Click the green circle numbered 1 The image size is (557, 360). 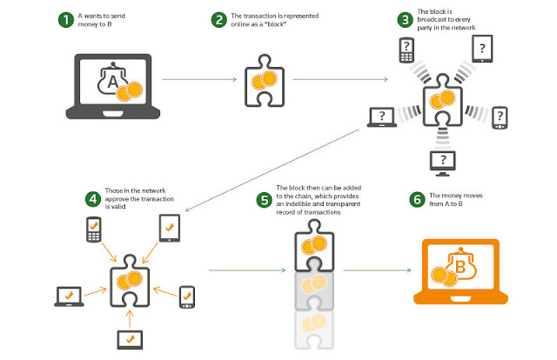point(66,20)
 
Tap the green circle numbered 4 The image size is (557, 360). point(93,199)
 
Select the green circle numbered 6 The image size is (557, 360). point(418,199)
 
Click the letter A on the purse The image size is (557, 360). point(112,82)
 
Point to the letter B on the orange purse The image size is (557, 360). point(460,266)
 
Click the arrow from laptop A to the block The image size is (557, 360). point(199,79)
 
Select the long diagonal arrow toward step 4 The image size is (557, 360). point(272,170)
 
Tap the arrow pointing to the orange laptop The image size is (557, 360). point(377,270)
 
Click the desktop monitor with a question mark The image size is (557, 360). point(443,163)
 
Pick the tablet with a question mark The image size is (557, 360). point(482,49)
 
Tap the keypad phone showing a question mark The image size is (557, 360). point(406,50)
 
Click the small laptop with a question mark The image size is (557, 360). point(382,117)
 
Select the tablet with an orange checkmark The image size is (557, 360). point(170,229)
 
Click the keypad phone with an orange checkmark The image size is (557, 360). point(94,230)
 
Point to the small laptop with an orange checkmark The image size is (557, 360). point(69,297)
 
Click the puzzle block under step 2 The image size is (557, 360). point(265,81)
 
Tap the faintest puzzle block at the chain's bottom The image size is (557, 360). point(314,330)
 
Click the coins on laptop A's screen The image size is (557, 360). point(129,91)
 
